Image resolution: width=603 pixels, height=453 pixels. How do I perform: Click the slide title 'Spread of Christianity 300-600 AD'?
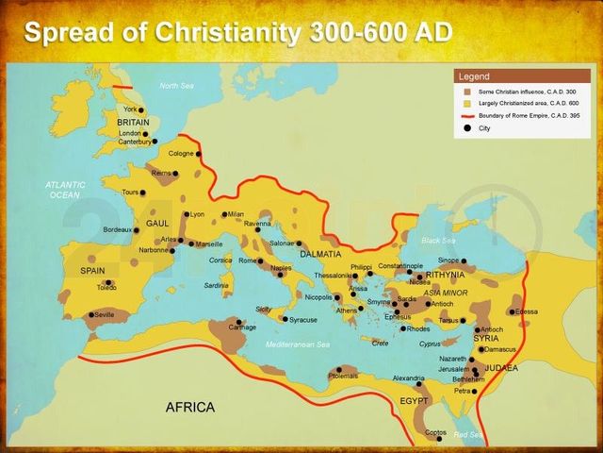238,32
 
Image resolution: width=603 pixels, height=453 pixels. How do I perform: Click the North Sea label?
175,86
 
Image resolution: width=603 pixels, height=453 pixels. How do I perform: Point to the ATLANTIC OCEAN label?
65,190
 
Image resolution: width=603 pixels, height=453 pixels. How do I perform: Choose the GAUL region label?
157,225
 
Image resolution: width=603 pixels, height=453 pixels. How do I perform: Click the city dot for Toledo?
110,282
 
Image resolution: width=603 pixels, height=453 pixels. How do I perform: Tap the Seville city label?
105,314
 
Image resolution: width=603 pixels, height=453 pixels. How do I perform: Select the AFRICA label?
190,407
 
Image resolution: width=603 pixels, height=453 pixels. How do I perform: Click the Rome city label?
248,260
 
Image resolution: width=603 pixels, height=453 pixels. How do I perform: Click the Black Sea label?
438,240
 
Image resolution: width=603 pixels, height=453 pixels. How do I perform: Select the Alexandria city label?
408,377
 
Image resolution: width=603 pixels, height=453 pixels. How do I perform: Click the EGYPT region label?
414,400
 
